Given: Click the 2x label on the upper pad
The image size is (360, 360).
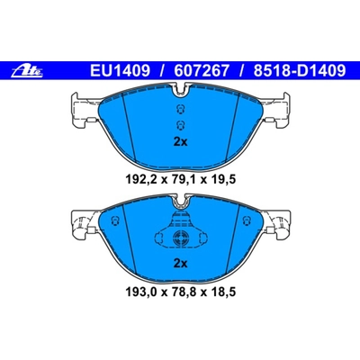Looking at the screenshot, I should (179, 141).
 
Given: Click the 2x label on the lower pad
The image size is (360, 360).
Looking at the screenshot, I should (179, 263).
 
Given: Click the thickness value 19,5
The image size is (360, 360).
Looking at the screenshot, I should (224, 179).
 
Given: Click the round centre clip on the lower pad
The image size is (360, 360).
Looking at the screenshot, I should (180, 238).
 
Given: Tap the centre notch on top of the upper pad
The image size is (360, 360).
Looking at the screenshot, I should (180, 89).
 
